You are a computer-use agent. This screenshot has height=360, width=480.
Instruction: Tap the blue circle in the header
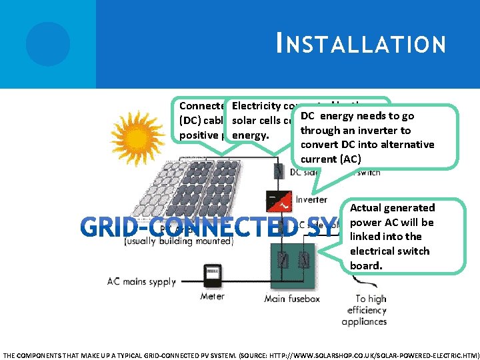48,44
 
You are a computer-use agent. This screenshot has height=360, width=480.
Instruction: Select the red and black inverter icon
278,200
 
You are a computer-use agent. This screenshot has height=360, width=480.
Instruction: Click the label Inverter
311,199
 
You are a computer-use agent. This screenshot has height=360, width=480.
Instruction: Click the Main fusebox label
293,298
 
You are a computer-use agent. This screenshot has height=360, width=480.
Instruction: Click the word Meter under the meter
212,296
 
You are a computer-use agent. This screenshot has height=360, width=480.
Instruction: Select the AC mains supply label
141,281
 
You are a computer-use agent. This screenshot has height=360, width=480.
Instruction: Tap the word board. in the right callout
367,265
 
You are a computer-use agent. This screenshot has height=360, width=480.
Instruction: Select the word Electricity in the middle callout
256,106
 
